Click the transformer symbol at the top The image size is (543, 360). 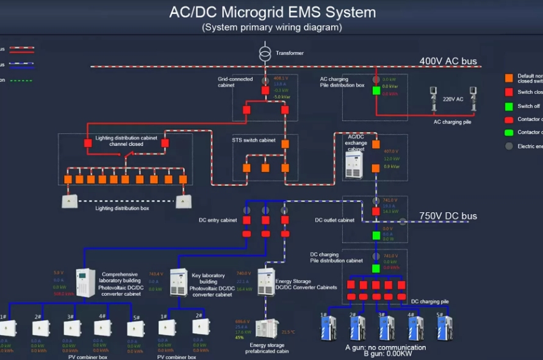[264, 53]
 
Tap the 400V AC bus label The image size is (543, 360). [448, 61]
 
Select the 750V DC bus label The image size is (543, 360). [448, 216]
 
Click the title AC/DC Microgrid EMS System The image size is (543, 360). [272, 12]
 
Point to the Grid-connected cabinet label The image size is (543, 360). [235, 82]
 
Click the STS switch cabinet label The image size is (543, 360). [254, 140]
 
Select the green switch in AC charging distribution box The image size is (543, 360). [376, 91]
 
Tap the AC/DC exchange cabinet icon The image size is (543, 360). [354, 165]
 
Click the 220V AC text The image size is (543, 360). [452, 99]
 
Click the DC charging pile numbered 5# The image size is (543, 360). [445, 328]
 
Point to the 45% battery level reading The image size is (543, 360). [240, 337]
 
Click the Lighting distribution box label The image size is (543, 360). [122, 208]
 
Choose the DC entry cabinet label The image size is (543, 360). [218, 220]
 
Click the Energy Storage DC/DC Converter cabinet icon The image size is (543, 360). [266, 281]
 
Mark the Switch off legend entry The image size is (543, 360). [528, 106]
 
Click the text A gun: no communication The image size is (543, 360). [386, 347]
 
